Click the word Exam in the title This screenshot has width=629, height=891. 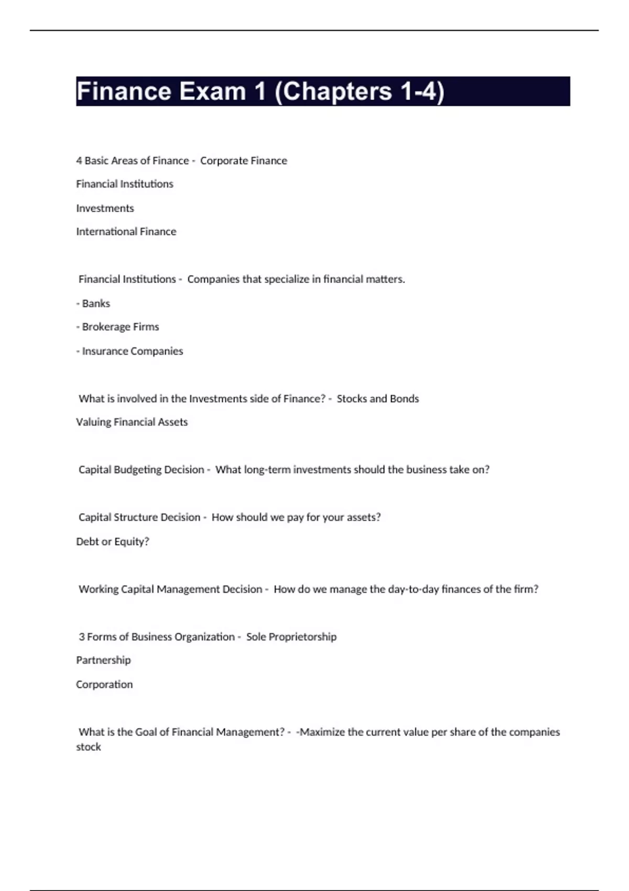(213, 92)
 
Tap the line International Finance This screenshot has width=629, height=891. (126, 232)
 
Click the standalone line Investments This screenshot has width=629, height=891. (105, 208)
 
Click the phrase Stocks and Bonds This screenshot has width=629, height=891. (377, 399)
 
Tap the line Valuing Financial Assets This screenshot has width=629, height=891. (132, 422)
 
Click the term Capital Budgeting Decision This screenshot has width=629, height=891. (141, 470)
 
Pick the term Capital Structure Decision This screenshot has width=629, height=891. (139, 517)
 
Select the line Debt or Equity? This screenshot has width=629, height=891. (113, 541)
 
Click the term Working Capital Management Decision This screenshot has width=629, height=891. (170, 589)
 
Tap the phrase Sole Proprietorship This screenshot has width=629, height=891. (291, 637)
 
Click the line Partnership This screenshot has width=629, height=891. (103, 660)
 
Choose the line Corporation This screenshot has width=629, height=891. (104, 684)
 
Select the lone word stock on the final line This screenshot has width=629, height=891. (88, 747)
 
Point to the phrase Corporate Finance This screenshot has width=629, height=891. (243, 161)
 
